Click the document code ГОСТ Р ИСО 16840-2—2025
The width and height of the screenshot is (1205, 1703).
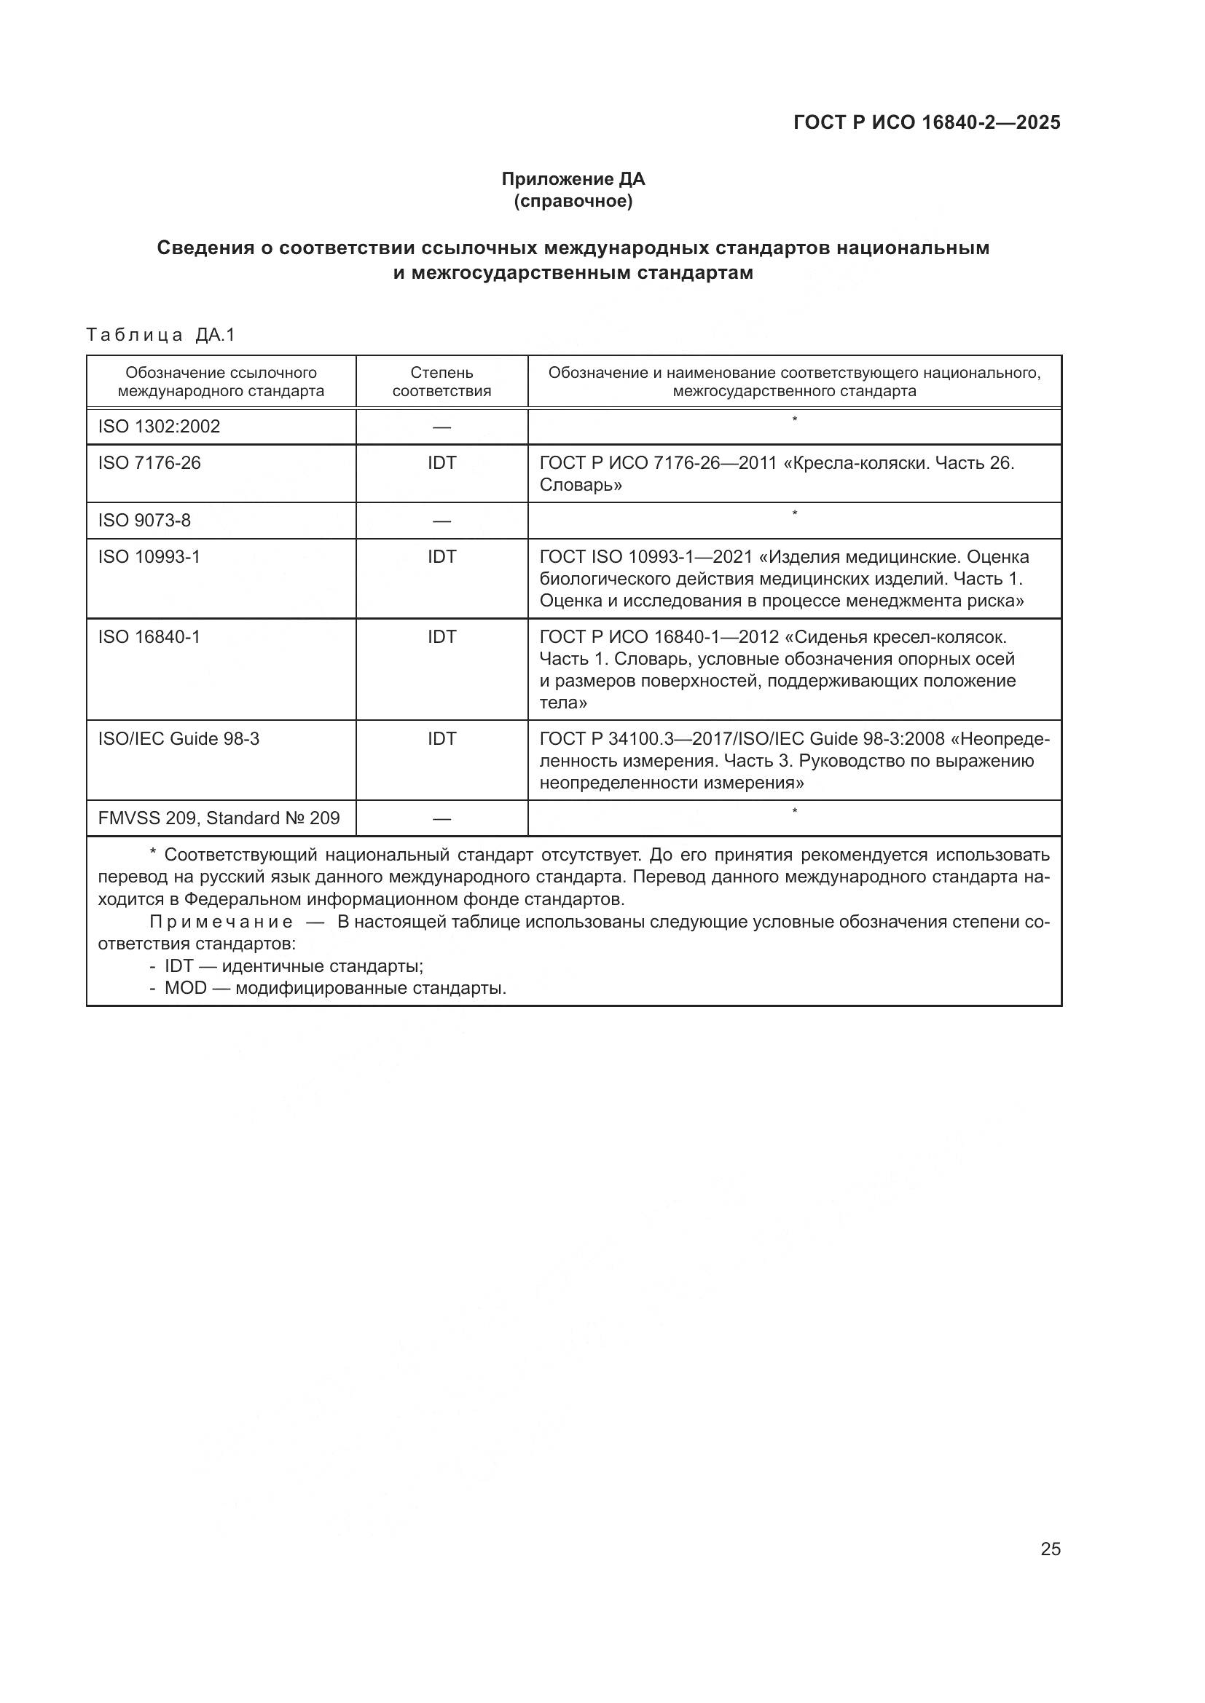pos(927,122)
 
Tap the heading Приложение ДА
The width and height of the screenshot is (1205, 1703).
pos(573,179)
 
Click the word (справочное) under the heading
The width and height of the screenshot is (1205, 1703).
pos(573,201)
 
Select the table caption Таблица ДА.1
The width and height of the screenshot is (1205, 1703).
pos(160,335)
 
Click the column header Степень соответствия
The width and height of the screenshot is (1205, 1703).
pos(441,382)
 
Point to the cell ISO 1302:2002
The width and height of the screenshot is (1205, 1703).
pos(159,427)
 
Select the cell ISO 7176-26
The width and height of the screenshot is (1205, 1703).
pos(149,463)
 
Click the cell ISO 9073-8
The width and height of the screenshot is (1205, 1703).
pos(144,521)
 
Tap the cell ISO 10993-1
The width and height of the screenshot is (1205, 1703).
pos(149,556)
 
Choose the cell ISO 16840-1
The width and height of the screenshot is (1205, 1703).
pos(149,636)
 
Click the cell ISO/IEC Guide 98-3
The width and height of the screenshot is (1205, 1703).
pos(178,739)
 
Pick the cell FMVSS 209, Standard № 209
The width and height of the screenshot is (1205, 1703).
pos(219,818)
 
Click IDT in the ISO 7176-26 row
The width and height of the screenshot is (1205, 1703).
pos(441,463)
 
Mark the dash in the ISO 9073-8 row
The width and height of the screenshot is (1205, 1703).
pos(441,521)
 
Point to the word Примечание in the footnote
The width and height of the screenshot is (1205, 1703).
pos(221,922)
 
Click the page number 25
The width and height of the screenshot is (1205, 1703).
pos(1050,1549)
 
